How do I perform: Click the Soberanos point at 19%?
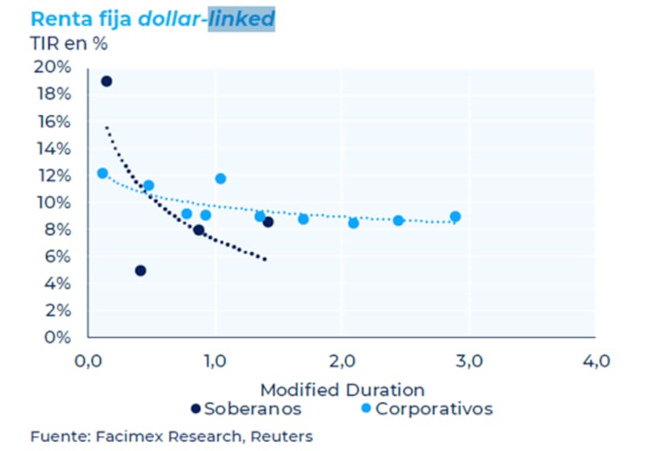pos(106,81)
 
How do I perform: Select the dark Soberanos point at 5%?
pos(141,270)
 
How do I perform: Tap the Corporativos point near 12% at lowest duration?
pos(103,173)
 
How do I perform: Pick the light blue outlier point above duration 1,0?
pos(220,178)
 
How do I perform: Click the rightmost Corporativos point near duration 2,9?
pos(455,216)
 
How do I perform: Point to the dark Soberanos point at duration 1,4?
pos(268,222)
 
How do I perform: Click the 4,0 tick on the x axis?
pos(595,360)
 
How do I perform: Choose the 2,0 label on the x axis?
pos(342,360)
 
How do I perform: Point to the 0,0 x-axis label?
pos(88,360)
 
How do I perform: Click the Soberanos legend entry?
pos(246,408)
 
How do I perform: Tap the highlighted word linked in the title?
pos(241,19)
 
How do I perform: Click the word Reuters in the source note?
pos(285,436)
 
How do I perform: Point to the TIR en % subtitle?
pos(69,44)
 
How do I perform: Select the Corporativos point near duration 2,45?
pos(398,220)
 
